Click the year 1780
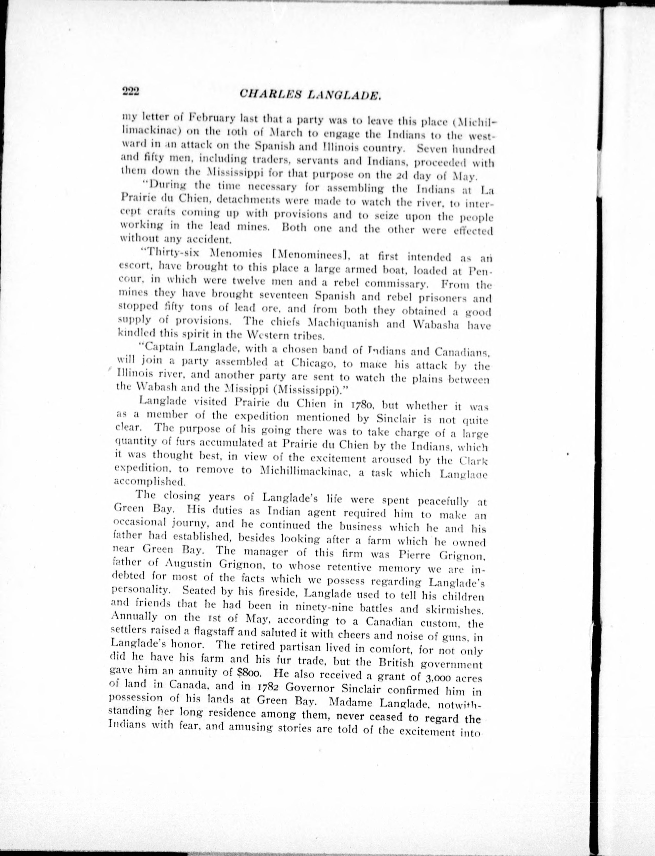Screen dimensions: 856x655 pos(364,405)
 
